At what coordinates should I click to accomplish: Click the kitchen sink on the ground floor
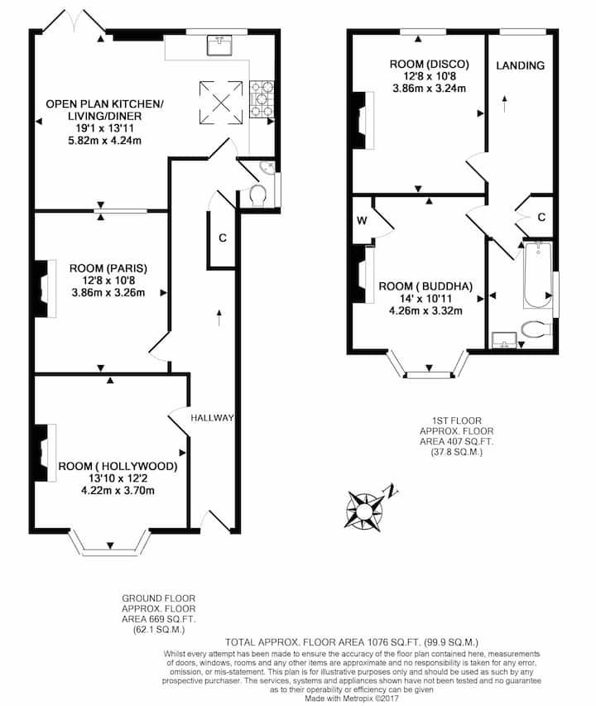click(219, 45)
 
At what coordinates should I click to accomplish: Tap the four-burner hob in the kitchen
click(262, 98)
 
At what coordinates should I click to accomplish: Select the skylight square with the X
click(221, 102)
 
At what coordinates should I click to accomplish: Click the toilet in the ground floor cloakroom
click(257, 195)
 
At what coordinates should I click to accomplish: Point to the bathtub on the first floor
click(537, 275)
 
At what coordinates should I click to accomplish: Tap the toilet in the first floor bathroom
click(536, 329)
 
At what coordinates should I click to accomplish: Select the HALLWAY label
click(212, 418)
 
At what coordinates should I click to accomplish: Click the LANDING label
click(521, 65)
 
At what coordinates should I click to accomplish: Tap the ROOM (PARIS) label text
click(108, 268)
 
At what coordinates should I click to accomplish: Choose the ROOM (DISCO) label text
click(429, 65)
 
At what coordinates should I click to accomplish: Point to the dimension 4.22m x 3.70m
click(118, 490)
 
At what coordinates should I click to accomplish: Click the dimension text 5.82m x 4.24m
click(105, 141)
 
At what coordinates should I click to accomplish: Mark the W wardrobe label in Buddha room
click(362, 221)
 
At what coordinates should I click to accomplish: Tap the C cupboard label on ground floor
click(223, 238)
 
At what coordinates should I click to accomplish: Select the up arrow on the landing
click(505, 103)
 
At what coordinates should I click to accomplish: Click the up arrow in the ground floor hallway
click(219, 318)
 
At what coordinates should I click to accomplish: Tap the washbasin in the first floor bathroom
click(504, 340)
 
